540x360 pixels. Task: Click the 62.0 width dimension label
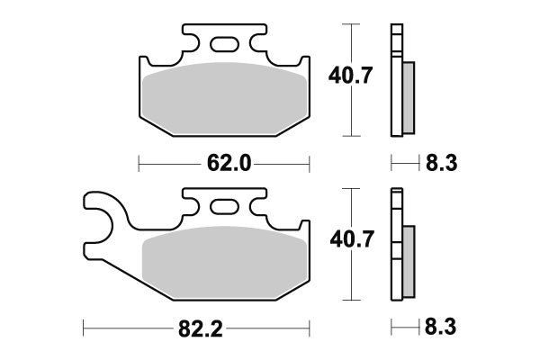(225, 164)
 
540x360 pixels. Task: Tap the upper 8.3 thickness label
(438, 164)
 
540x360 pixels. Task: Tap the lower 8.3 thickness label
(438, 331)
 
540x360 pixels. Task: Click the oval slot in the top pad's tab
(225, 43)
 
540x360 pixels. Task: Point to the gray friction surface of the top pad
(225, 99)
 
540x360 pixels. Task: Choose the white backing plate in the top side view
(395, 81)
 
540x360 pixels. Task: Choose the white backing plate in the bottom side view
(395, 247)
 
